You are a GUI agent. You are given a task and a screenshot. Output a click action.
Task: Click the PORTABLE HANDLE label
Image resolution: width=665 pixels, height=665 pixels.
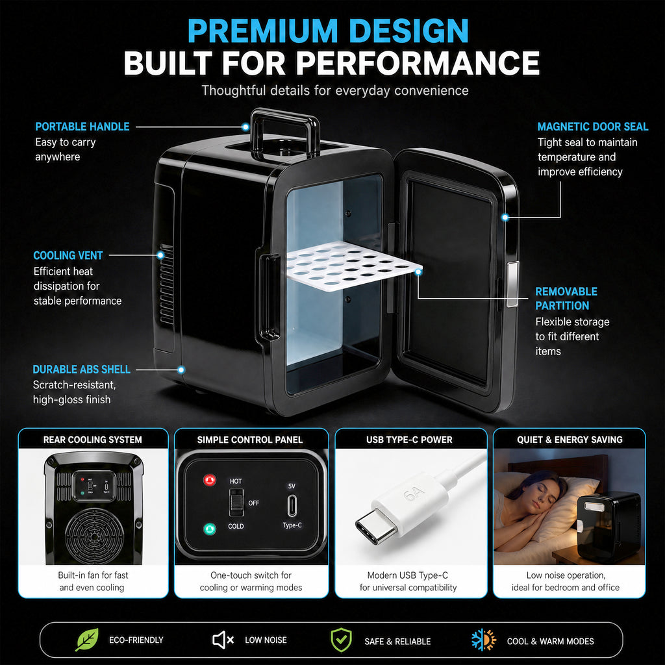[x=82, y=127]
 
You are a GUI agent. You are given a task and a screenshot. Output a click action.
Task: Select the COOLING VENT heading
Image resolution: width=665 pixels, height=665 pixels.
[x=68, y=255]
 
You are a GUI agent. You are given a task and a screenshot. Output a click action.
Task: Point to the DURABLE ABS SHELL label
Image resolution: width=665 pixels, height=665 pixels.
[x=81, y=370]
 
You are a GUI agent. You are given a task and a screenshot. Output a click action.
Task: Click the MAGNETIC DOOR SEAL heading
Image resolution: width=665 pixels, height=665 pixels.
[x=592, y=127]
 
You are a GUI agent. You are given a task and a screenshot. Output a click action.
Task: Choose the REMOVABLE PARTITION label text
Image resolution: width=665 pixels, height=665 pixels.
[x=566, y=299]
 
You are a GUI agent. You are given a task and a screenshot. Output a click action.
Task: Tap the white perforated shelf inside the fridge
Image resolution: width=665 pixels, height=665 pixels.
[x=353, y=266]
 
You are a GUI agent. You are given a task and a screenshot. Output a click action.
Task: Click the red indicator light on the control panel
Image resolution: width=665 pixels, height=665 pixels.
[x=210, y=480]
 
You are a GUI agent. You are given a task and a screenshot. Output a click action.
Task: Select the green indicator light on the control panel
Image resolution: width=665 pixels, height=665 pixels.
[x=210, y=529]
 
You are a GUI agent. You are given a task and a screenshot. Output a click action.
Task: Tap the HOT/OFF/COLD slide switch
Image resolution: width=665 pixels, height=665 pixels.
[x=236, y=503]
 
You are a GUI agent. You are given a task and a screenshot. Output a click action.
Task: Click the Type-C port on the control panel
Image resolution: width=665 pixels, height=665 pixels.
[x=292, y=505]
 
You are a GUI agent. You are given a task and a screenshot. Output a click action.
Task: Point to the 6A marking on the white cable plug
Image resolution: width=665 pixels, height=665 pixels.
[x=413, y=494]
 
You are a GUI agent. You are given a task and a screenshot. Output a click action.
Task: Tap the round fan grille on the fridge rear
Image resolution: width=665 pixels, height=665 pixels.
[x=94, y=535]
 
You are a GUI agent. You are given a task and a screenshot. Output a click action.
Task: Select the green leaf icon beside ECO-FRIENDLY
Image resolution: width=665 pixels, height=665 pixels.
[x=87, y=640]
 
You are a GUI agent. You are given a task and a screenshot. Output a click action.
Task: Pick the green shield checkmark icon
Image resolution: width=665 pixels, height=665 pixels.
[x=341, y=640]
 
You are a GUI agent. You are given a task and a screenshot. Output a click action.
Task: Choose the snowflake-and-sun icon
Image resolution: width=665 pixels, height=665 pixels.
[x=483, y=640]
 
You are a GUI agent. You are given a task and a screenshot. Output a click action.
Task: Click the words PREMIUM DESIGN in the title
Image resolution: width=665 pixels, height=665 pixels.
[x=328, y=31]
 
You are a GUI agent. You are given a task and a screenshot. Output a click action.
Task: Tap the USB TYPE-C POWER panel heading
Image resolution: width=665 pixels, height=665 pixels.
[x=409, y=440]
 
